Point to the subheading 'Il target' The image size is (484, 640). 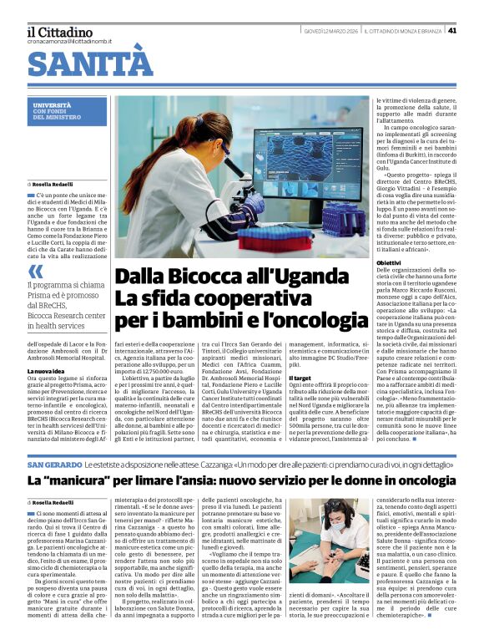(300, 378)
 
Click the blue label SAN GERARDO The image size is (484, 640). (54, 464)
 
